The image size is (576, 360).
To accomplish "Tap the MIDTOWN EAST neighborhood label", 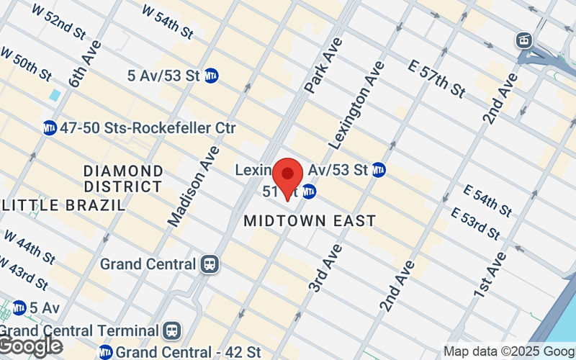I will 310,221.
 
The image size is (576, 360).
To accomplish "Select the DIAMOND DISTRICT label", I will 123,179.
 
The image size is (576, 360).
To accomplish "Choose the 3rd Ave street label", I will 325,268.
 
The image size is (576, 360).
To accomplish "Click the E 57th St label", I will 436,78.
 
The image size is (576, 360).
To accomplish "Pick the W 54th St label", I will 168,22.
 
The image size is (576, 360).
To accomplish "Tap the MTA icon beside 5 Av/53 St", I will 212,75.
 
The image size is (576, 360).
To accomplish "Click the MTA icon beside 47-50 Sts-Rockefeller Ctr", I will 50,128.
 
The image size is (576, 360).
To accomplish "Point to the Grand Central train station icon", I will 210,264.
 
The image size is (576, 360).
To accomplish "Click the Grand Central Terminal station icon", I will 172,330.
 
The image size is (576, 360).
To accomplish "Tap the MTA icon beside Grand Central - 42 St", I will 106,352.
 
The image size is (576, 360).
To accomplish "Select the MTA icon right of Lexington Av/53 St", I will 378,171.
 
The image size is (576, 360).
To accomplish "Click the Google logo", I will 30,346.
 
